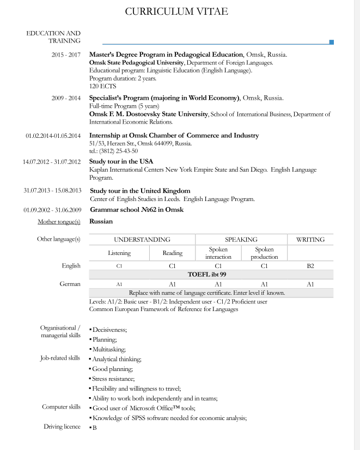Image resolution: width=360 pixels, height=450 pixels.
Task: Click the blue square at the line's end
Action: [x=332, y=42]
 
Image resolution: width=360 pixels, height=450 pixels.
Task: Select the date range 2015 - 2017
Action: [x=66, y=55]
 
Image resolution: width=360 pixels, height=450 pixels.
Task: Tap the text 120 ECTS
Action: [x=102, y=86]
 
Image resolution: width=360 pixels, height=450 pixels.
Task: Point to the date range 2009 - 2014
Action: [x=66, y=98]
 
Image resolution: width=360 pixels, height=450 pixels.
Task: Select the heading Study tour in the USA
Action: [x=121, y=162]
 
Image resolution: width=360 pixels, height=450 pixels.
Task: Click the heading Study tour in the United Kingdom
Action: [x=140, y=191]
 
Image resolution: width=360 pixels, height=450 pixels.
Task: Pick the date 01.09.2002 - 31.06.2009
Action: [x=52, y=210]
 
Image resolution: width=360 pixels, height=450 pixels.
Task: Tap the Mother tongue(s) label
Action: [x=59, y=222]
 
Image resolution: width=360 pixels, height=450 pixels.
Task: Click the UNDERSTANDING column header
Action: [x=142, y=239]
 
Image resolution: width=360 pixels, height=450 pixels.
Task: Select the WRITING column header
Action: [x=310, y=239]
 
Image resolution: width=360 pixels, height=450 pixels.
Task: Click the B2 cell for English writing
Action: [x=310, y=266]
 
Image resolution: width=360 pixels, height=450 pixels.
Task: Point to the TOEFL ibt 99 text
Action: [x=210, y=275]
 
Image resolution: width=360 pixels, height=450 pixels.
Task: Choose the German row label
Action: [x=70, y=284]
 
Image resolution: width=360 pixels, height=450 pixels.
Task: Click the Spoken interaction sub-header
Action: [x=218, y=253]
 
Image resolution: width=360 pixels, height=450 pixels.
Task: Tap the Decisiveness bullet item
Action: [x=109, y=330]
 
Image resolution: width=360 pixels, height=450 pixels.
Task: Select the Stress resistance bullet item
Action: [x=113, y=378]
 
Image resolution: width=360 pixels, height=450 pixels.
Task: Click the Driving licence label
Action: [x=62, y=427]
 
